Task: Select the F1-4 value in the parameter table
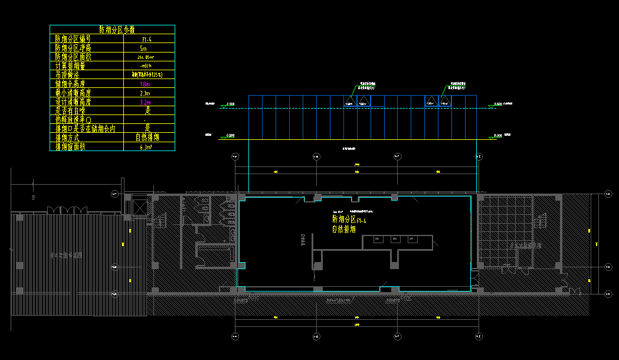pos(147,39)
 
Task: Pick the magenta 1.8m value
pos(145,84)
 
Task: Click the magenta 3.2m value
pos(145,102)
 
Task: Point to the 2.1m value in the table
pos(145,93)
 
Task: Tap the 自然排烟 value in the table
pos(148,138)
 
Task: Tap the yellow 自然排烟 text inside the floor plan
pos(344,229)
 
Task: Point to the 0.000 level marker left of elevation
pos(232,136)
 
